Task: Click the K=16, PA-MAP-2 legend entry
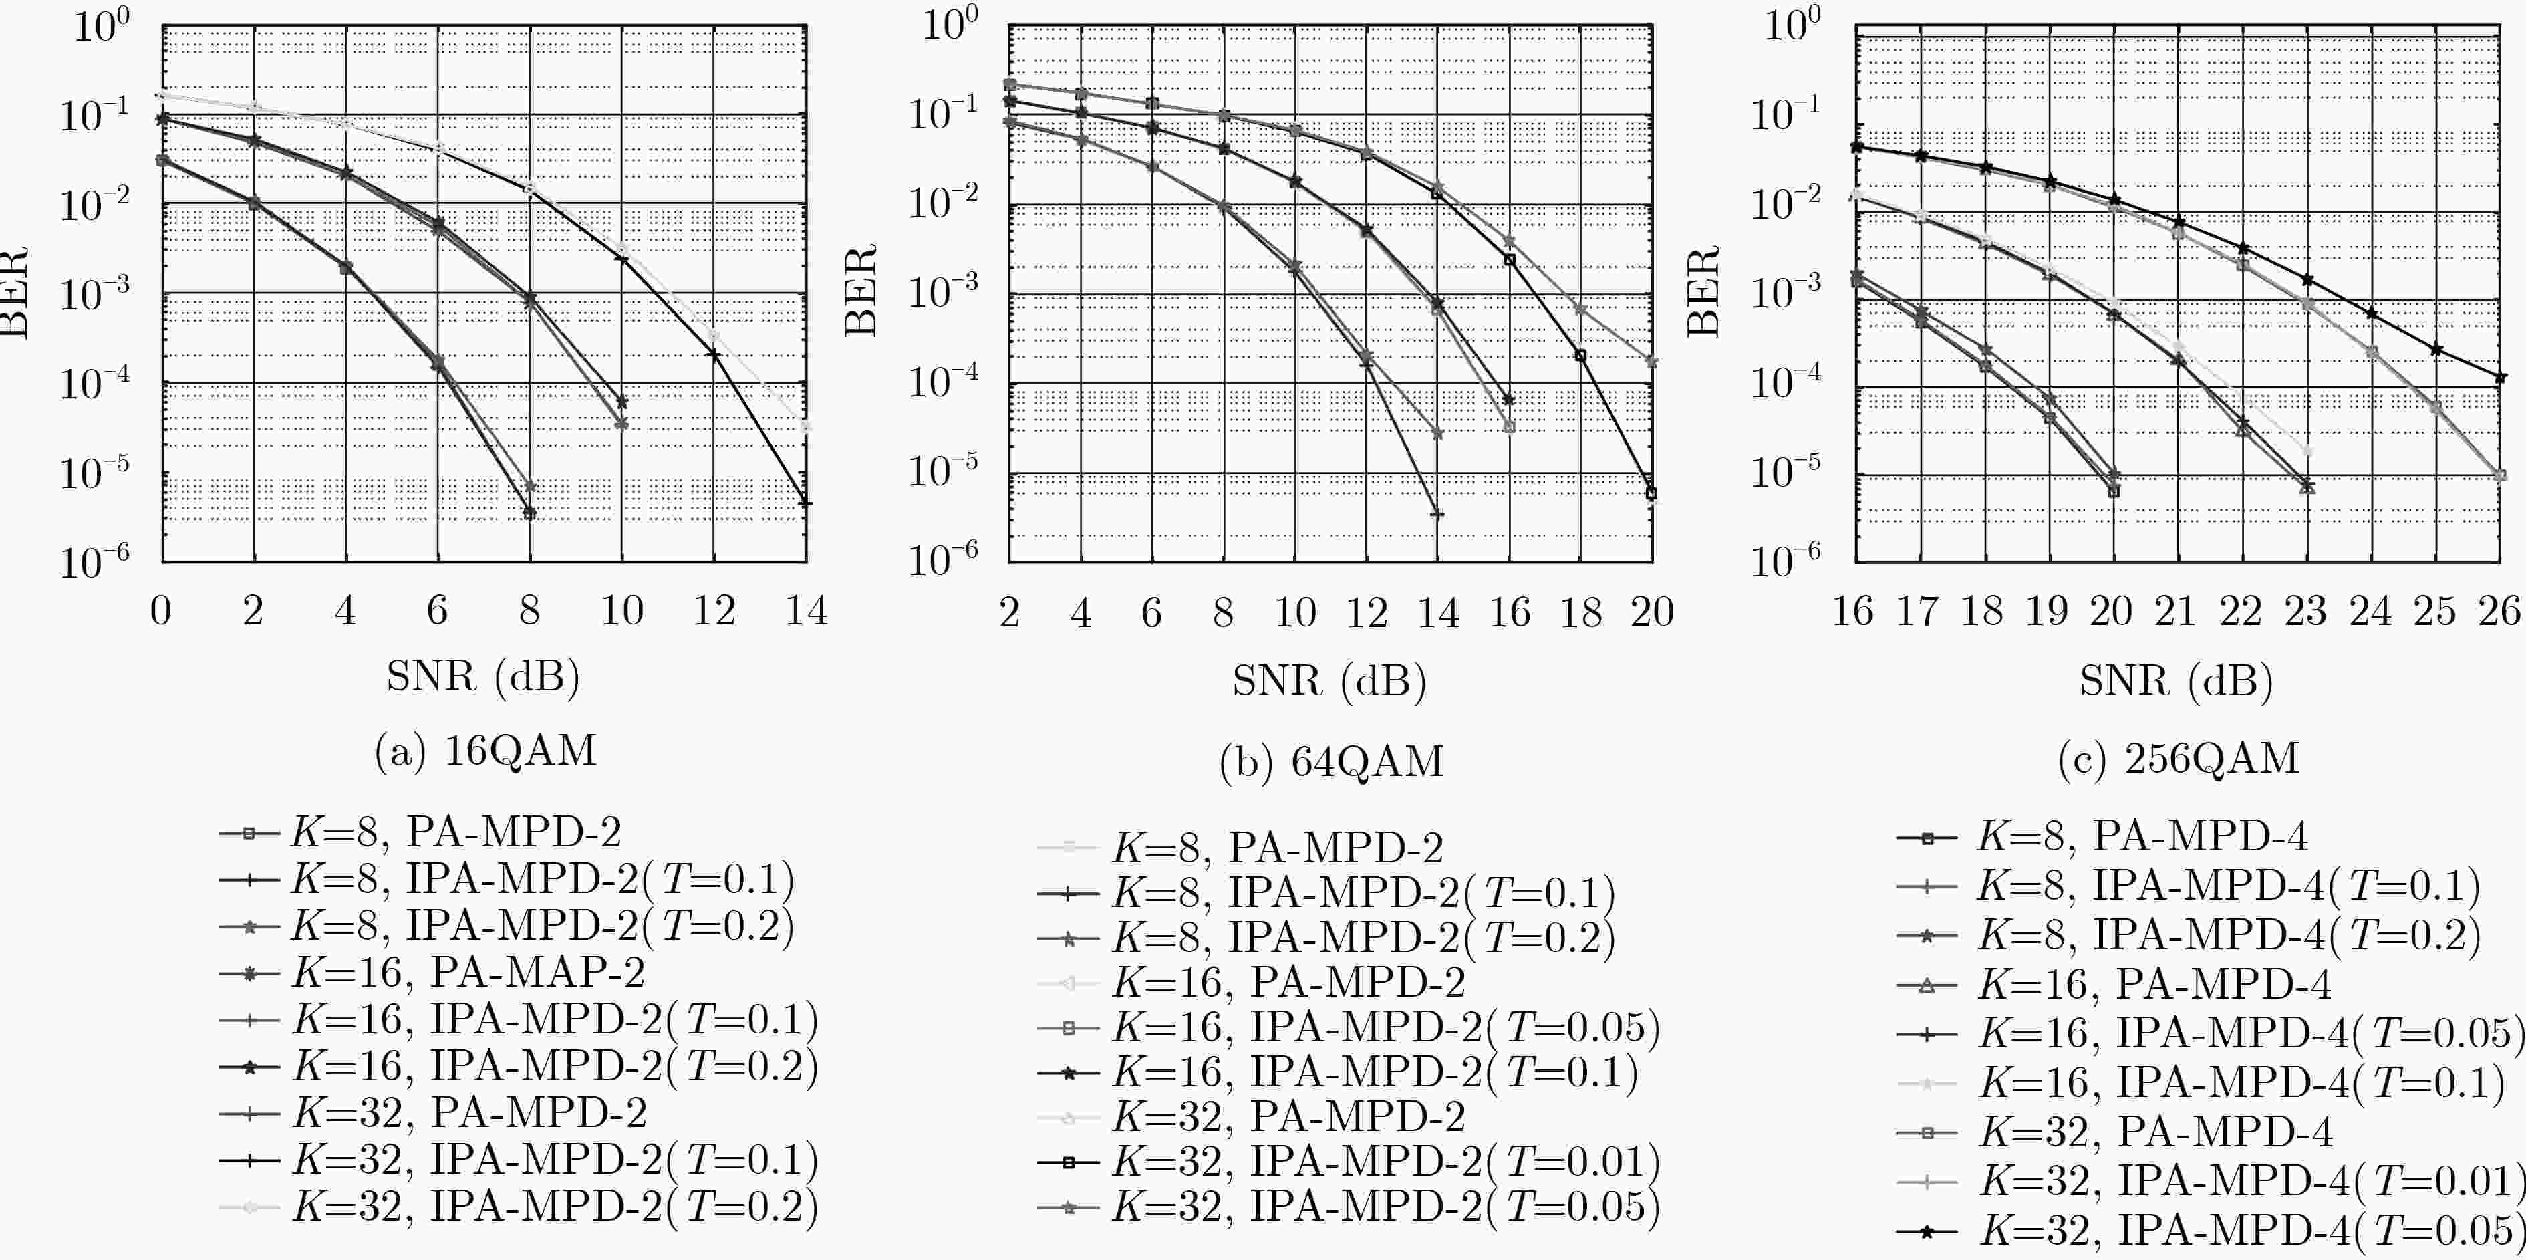(432, 973)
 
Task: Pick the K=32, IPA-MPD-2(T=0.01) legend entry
(1349, 1162)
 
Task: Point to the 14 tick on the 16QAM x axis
(806, 611)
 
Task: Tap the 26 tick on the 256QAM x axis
(2499, 612)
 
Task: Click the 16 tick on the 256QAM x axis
(1853, 612)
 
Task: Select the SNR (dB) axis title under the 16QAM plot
(482, 676)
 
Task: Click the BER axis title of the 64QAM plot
(861, 291)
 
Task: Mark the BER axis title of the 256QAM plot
(1704, 291)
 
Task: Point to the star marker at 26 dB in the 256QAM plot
(2499, 378)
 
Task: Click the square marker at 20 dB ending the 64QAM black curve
(1651, 494)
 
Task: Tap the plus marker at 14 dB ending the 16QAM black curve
(805, 503)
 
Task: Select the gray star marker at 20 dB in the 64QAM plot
(1653, 362)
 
